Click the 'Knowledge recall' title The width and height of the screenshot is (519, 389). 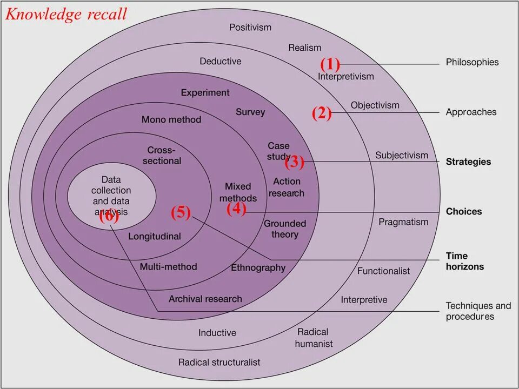click(x=66, y=14)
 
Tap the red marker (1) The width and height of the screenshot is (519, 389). click(x=330, y=65)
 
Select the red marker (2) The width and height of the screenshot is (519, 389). click(x=321, y=113)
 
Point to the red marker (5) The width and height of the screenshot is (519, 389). click(x=181, y=213)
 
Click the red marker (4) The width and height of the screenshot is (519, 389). click(x=236, y=209)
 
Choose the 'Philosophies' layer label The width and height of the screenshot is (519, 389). click(x=472, y=62)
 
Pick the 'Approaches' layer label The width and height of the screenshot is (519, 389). click(x=471, y=112)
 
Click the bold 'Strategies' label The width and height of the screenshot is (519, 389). click(x=468, y=162)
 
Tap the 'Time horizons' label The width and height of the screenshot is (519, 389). click(x=457, y=261)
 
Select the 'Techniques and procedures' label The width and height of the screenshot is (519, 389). click(x=478, y=311)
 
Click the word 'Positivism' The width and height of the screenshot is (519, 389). click(x=250, y=27)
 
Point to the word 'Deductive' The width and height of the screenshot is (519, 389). click(x=221, y=61)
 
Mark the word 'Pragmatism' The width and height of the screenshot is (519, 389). click(x=403, y=222)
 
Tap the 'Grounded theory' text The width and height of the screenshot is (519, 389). click(x=285, y=229)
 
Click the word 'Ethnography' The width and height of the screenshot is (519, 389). click(x=258, y=267)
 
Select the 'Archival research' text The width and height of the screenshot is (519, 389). click(x=205, y=299)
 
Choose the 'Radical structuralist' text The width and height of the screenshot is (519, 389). click(x=219, y=362)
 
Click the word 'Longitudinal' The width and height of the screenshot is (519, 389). click(x=155, y=236)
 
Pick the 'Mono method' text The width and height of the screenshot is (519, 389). click(x=171, y=119)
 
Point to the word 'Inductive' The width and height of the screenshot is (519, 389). click(x=217, y=333)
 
